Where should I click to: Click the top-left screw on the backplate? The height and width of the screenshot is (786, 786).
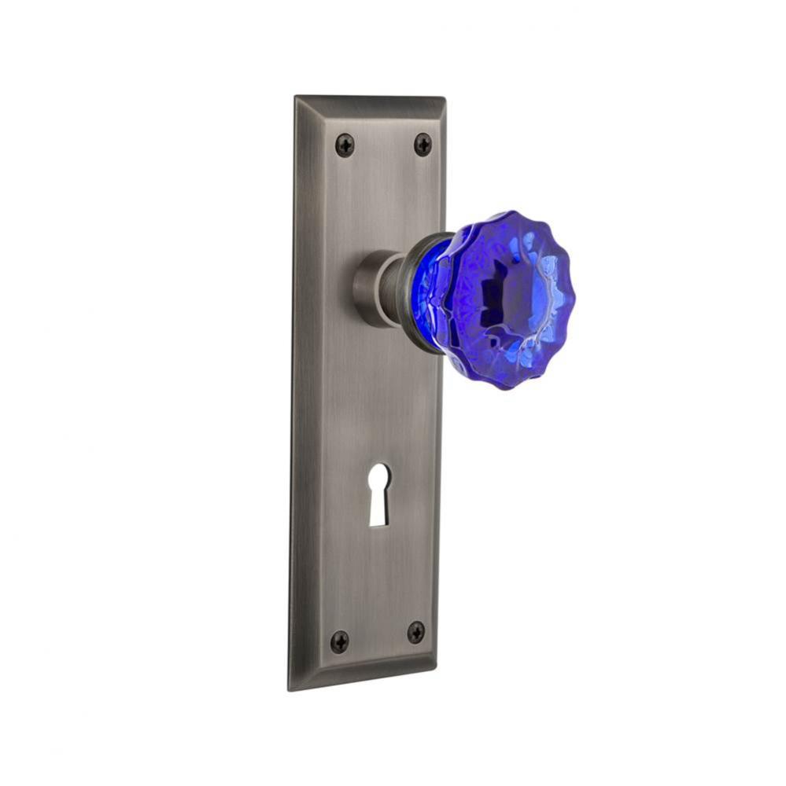pyautogui.click(x=345, y=145)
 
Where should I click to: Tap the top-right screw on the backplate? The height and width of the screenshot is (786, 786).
pyautogui.click(x=423, y=144)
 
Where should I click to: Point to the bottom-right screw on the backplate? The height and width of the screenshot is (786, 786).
pyautogui.click(x=415, y=632)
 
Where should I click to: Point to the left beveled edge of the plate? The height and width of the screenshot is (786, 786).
pyautogui.click(x=300, y=393)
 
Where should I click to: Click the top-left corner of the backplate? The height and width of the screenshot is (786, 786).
pyautogui.click(x=296, y=97)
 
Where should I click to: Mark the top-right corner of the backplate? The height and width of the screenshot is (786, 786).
pyautogui.click(x=445, y=99)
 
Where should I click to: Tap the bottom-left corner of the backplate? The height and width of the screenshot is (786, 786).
pyautogui.click(x=290, y=689)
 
